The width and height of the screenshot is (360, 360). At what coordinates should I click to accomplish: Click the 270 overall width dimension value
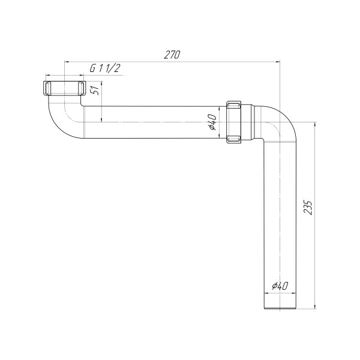172,54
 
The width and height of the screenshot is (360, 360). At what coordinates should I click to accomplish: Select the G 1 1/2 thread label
106,69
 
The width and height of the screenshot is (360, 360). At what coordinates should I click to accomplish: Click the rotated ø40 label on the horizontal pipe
212,122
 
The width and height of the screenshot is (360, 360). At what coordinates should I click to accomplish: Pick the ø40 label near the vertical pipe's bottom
280,286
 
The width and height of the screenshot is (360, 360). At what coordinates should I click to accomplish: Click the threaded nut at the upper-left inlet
63,88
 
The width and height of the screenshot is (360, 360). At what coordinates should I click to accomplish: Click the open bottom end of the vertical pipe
280,309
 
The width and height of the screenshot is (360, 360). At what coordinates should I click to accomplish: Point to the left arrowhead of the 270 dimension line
67,61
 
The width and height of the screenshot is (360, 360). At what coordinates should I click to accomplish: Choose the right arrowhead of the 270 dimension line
278,61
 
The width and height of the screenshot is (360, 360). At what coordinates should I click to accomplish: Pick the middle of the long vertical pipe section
280,222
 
